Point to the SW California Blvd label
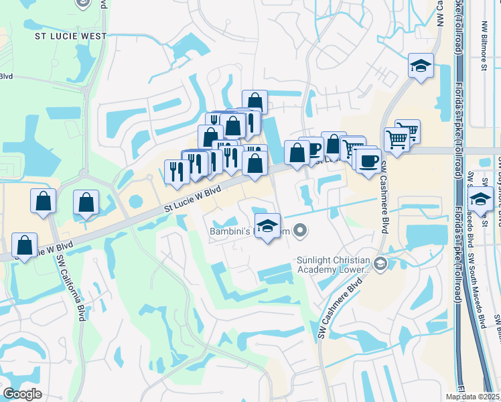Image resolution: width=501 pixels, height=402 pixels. (80, 287)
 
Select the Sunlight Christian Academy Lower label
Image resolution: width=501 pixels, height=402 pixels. (333, 265)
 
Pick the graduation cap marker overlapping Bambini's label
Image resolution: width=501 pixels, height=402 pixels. (267, 226)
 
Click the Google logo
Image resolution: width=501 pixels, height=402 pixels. (22, 394)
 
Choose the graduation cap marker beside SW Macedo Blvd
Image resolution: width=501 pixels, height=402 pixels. (480, 198)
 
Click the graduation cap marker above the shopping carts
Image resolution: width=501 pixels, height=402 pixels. (421, 66)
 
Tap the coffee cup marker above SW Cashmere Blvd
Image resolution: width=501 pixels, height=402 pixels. (368, 160)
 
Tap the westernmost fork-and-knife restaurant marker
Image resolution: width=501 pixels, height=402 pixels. (175, 171)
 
